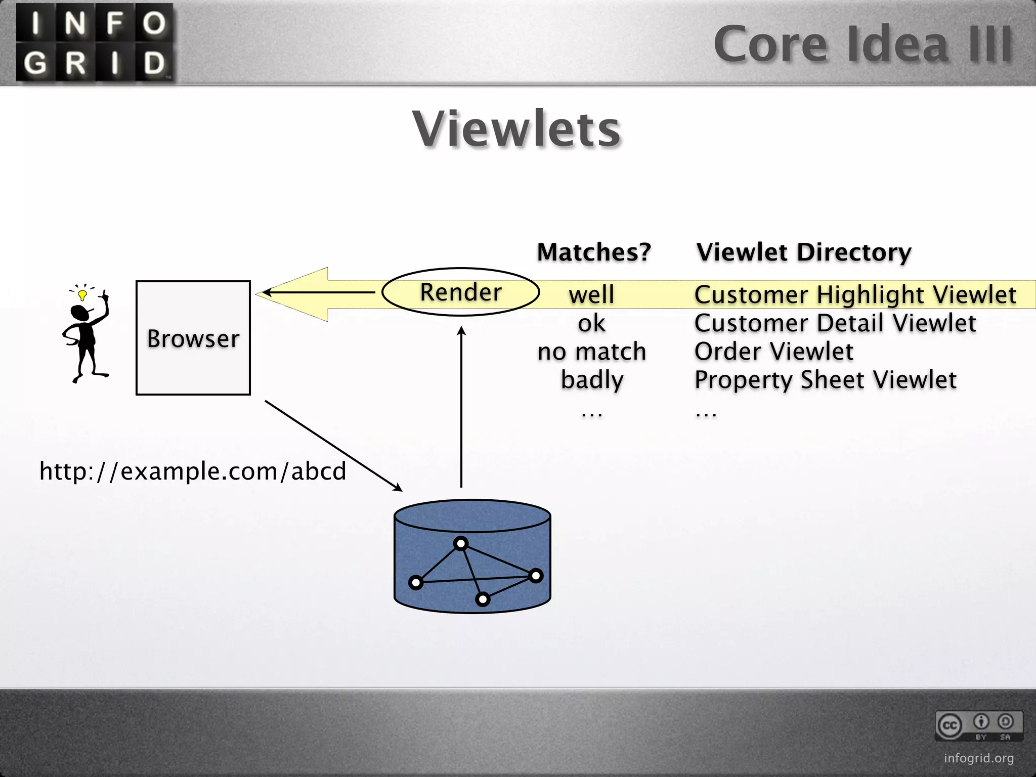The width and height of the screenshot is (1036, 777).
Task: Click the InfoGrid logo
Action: pos(95,42)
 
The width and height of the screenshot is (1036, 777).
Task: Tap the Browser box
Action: pos(193,338)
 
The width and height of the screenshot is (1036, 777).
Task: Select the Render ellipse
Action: pos(460,292)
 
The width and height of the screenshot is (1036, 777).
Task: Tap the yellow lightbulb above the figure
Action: pos(82,294)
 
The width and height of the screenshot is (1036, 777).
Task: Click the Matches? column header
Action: pos(594,252)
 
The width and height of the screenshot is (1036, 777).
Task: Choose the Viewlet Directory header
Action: pos(804,252)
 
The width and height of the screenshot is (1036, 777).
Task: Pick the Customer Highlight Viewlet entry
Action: pos(855,294)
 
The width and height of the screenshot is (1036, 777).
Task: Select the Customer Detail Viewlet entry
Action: pos(835,323)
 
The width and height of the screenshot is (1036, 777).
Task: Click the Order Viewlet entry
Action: pos(773,352)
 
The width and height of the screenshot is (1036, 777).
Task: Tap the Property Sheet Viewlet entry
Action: pos(825,380)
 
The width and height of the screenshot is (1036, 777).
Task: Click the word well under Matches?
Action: pos(591,294)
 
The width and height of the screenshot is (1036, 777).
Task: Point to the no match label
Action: pos(592,352)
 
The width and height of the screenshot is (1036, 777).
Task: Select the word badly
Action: pos(592,380)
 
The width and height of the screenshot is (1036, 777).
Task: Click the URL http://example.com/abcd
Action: pos(193,471)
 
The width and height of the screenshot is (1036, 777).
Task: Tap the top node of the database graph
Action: pos(461,544)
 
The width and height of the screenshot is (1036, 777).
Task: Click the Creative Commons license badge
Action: pos(978,725)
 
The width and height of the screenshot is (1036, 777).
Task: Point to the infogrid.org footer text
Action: pos(979,758)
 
